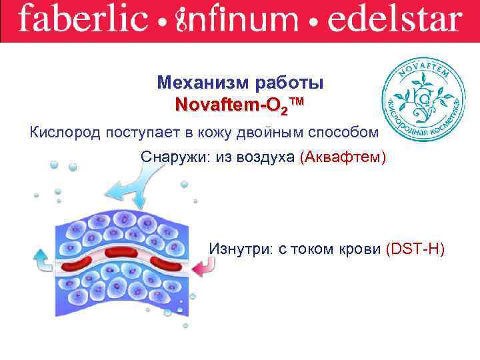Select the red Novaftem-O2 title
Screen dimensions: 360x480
click(x=239, y=105)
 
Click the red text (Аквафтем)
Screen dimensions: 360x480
click(x=342, y=157)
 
